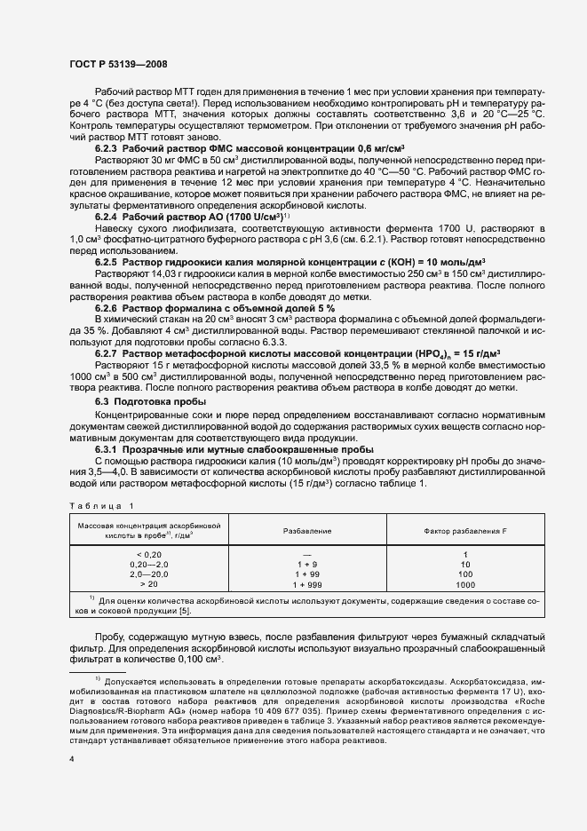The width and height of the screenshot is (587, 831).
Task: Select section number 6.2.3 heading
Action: [107, 147]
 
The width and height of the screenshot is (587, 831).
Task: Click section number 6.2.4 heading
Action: [107, 216]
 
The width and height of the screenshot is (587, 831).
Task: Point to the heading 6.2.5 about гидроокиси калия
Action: [107, 263]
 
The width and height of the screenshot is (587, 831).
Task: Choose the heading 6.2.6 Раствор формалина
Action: [107, 307]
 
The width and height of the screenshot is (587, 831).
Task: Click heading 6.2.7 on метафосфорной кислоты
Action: [107, 353]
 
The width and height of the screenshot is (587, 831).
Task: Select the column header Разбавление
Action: [307, 530]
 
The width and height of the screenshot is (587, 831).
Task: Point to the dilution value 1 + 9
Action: [307, 565]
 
